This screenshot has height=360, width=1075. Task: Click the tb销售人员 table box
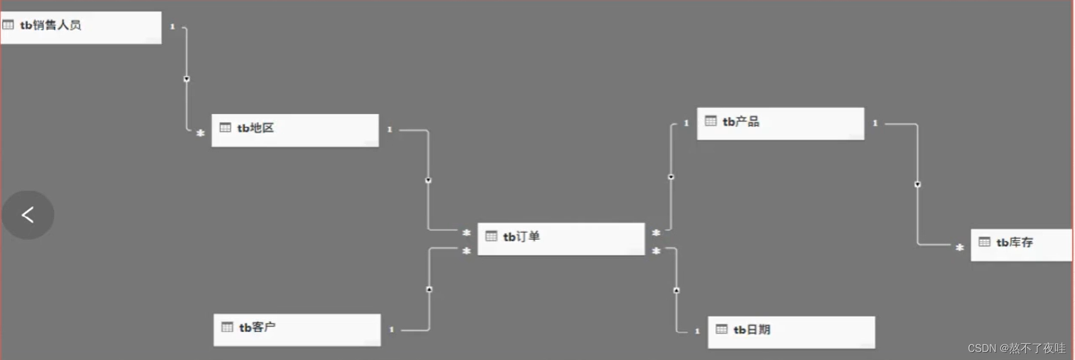coord(81,27)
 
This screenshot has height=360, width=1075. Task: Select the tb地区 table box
coord(295,130)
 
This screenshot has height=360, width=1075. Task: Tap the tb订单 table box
coord(561,238)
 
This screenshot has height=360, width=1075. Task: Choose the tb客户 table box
coord(297,329)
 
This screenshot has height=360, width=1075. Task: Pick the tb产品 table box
coord(780,123)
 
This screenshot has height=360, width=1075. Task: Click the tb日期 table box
coord(791,332)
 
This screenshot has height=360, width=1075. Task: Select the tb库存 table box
coord(1021,244)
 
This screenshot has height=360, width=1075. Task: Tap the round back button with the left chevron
coord(28,215)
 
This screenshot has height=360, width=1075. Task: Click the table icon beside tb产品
coord(711,121)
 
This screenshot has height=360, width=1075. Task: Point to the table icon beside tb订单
coord(491,236)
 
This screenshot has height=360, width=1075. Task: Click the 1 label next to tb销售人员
coord(173,26)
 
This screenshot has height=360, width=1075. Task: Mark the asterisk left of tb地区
coord(200,133)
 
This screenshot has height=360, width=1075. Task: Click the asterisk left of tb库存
coord(959,247)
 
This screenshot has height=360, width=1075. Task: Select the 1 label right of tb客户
coord(391,329)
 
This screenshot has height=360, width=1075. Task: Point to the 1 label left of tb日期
coord(697,331)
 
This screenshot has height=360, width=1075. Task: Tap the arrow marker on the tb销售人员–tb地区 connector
coord(187,79)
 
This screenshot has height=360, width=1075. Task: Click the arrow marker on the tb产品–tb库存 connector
coord(917,185)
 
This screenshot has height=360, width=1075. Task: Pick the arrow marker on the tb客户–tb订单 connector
coord(429,289)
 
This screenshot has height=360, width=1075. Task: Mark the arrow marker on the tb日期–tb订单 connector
coord(676,291)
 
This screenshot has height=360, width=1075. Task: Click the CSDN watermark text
coord(1016,348)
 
